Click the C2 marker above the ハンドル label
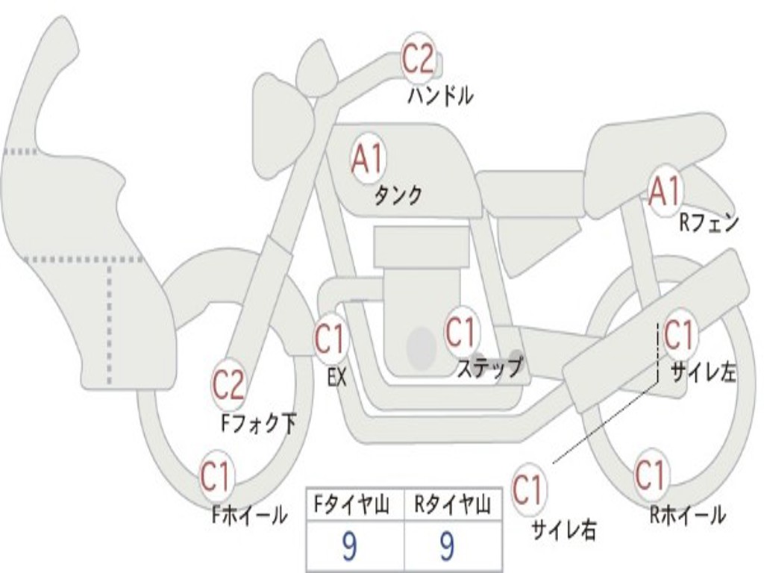tap(418, 58)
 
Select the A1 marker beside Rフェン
tap(665, 192)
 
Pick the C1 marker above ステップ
tap(461, 331)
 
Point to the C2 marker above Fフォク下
tap(228, 385)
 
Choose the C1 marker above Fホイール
tap(216, 476)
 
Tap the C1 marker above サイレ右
tap(529, 489)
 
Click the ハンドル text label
tap(440, 95)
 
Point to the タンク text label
tap(398, 195)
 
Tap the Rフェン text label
tap(710, 223)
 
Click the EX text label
tap(337, 378)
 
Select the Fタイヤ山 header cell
tap(356, 504)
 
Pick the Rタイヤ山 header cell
tap(453, 504)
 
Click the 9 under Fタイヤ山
tap(349, 547)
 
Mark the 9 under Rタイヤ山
tap(447, 547)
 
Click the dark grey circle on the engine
tap(422, 348)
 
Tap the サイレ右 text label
tap(563, 530)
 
